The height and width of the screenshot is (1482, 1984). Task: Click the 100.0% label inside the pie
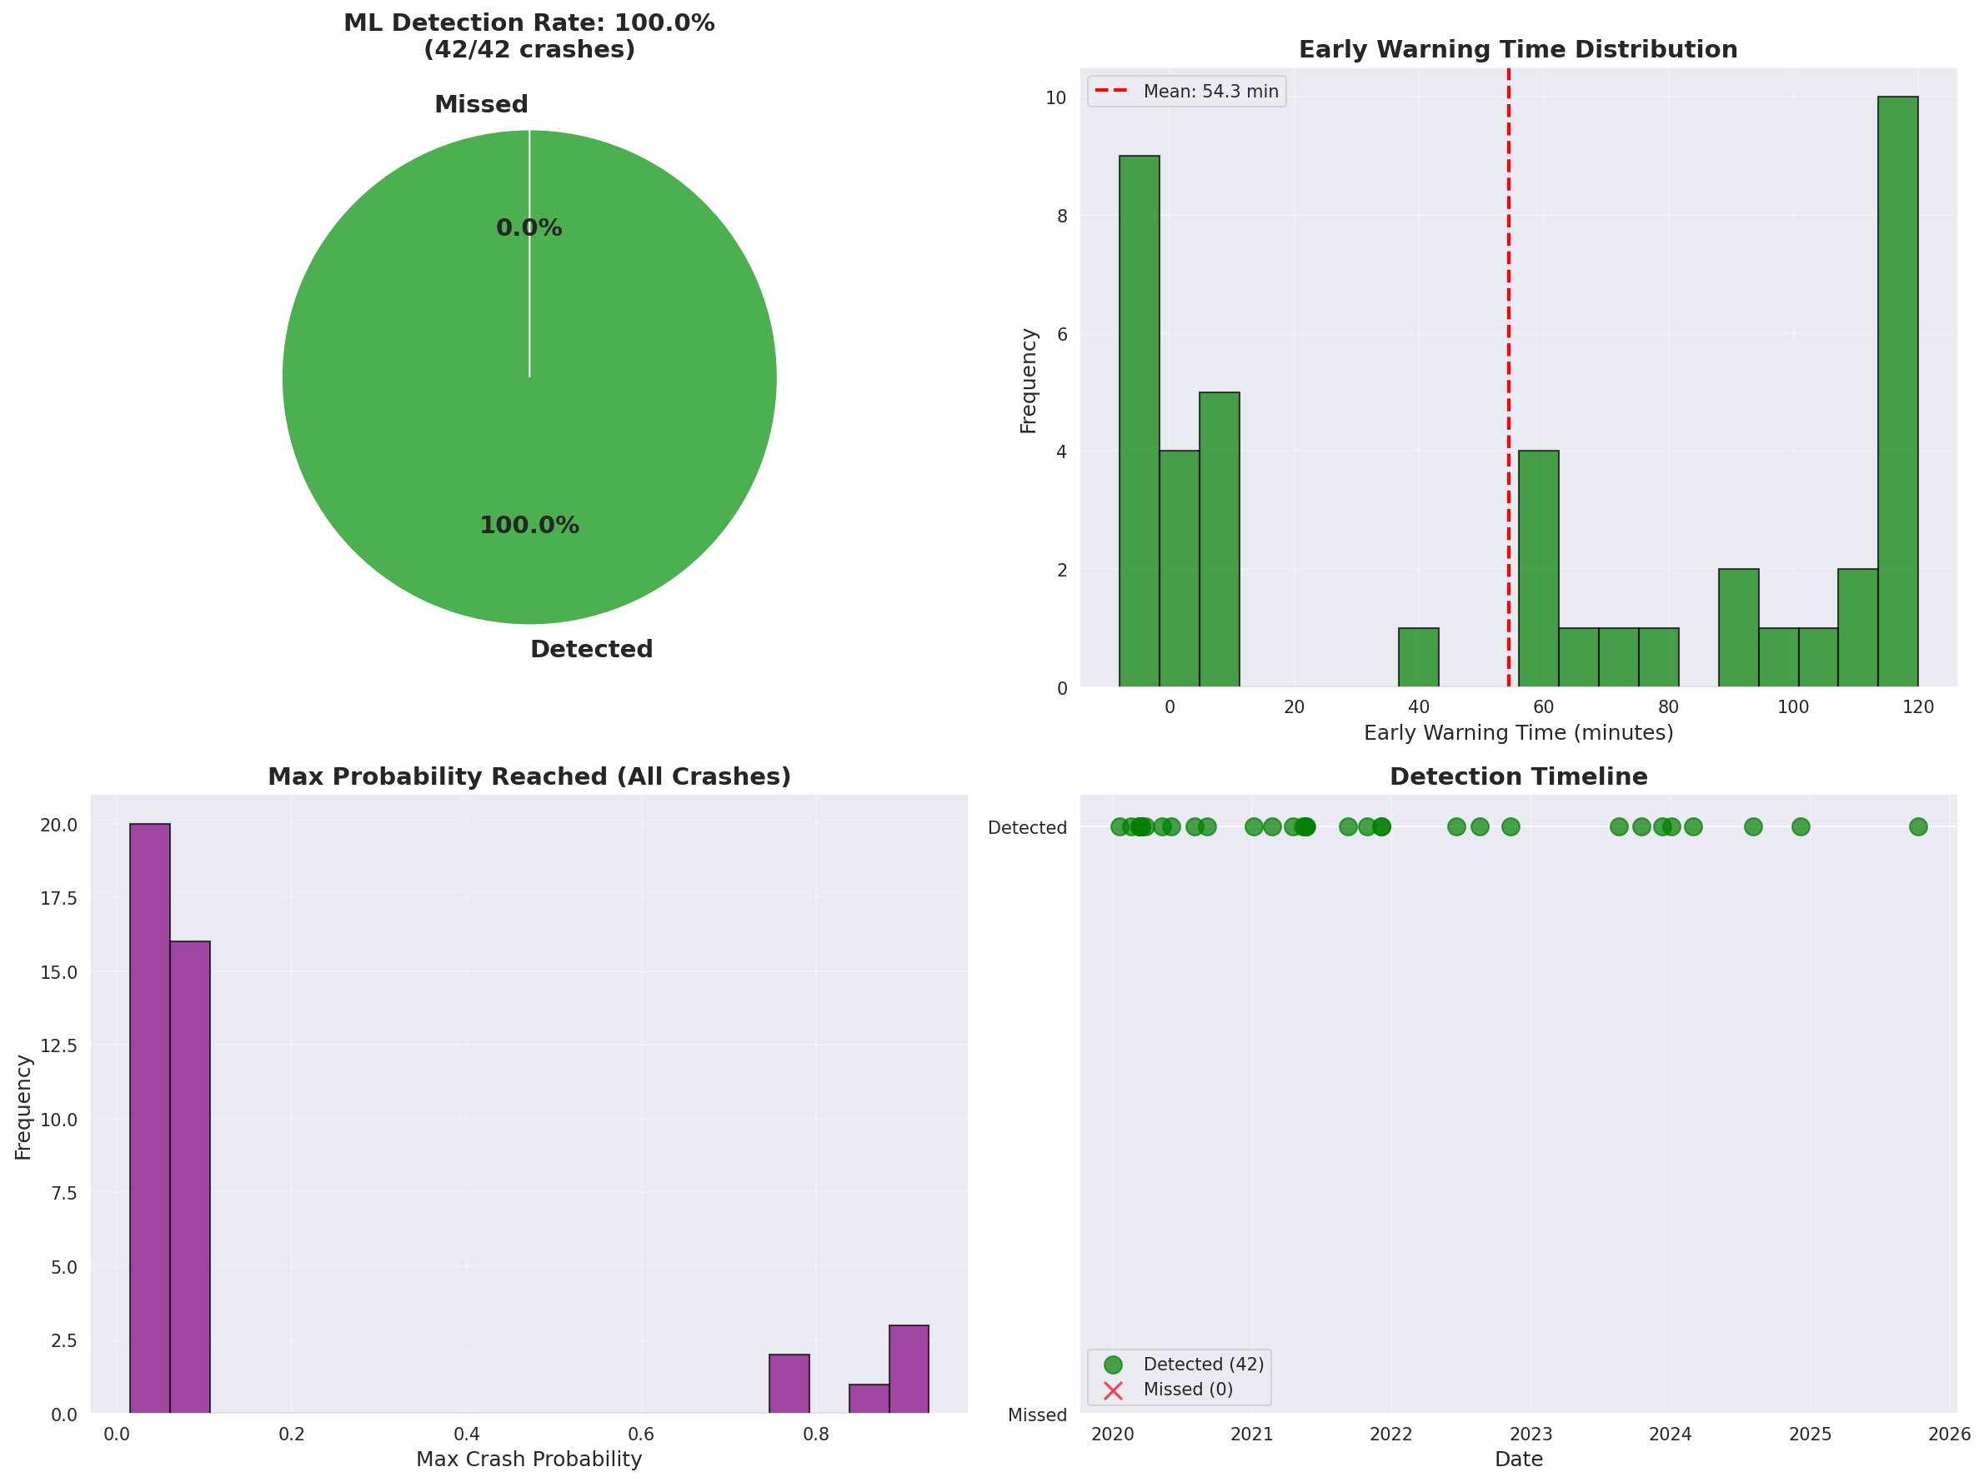(529, 526)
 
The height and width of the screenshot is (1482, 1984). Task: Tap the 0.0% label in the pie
(529, 227)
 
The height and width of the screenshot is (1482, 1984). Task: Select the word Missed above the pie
(481, 104)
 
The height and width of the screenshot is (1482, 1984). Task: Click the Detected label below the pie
(591, 649)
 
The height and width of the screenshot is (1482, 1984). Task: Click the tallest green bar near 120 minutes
(1897, 392)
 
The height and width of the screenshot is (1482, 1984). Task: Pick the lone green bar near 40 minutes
(1418, 657)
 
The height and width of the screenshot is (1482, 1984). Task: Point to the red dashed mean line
(1509, 358)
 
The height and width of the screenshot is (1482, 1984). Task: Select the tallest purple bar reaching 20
(150, 1118)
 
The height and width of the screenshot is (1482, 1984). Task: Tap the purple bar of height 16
(190, 1177)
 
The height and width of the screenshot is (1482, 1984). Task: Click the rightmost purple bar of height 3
(909, 1369)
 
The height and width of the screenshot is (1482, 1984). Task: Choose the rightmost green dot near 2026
(1917, 826)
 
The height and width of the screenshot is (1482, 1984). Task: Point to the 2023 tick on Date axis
(1531, 1435)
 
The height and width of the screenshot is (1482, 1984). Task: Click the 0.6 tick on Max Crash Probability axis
(641, 1435)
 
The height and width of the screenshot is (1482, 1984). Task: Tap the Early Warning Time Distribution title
(1518, 49)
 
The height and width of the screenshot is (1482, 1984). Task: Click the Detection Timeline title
(1518, 776)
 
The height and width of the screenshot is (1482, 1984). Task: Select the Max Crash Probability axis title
(529, 1460)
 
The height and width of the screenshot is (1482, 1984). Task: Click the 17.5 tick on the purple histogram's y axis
(58, 898)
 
